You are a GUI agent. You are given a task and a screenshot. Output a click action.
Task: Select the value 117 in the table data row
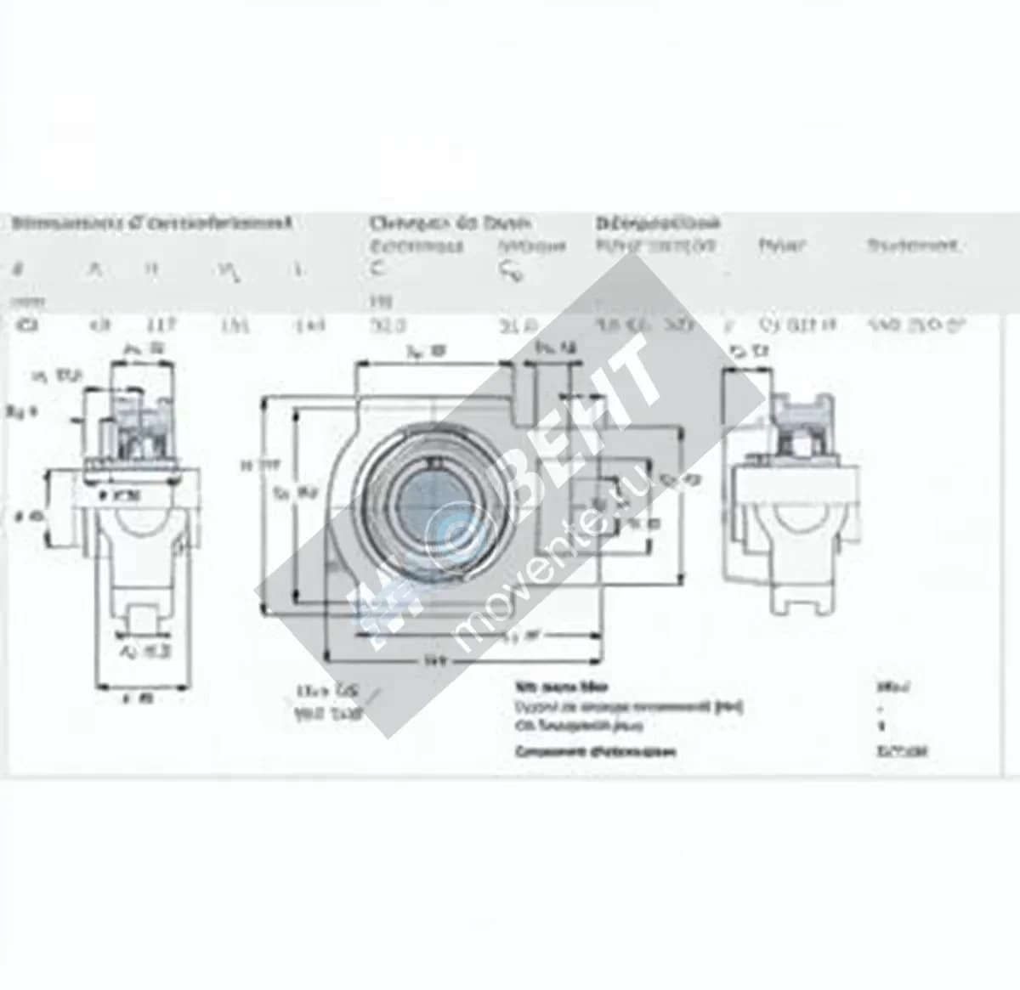click(x=161, y=324)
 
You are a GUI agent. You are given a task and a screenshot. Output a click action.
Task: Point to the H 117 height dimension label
click(x=247, y=464)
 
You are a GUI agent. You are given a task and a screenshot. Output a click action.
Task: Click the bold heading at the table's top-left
click(x=152, y=223)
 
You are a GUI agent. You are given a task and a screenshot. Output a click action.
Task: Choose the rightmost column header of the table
click(x=912, y=246)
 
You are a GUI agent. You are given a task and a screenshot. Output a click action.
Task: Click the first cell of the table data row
click(x=20, y=324)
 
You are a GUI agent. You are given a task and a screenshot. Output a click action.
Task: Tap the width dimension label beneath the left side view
click(x=139, y=699)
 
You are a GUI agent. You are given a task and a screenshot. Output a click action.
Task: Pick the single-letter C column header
click(x=377, y=269)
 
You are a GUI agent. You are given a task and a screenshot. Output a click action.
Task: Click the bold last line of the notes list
click(x=595, y=751)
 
